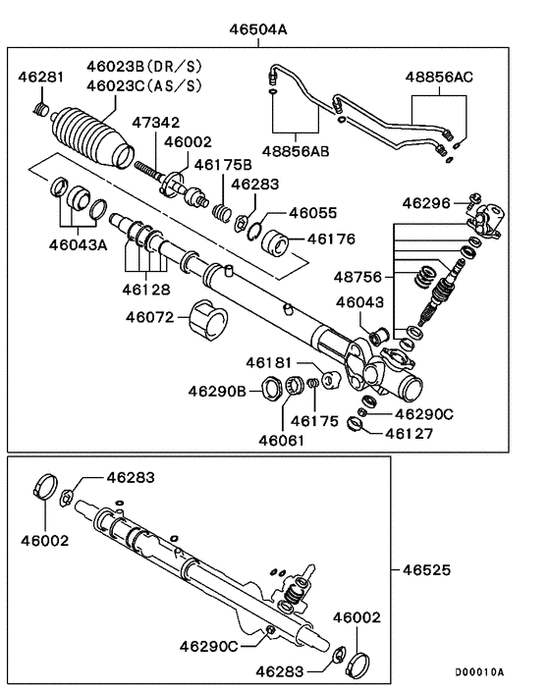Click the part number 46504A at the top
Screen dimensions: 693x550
(258, 29)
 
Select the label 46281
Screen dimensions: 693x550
(42, 77)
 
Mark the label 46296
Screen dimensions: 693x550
(427, 203)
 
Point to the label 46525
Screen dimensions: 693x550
(426, 569)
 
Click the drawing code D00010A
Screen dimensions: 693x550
(478, 672)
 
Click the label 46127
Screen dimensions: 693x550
(412, 431)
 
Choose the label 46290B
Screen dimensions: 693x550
(219, 391)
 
